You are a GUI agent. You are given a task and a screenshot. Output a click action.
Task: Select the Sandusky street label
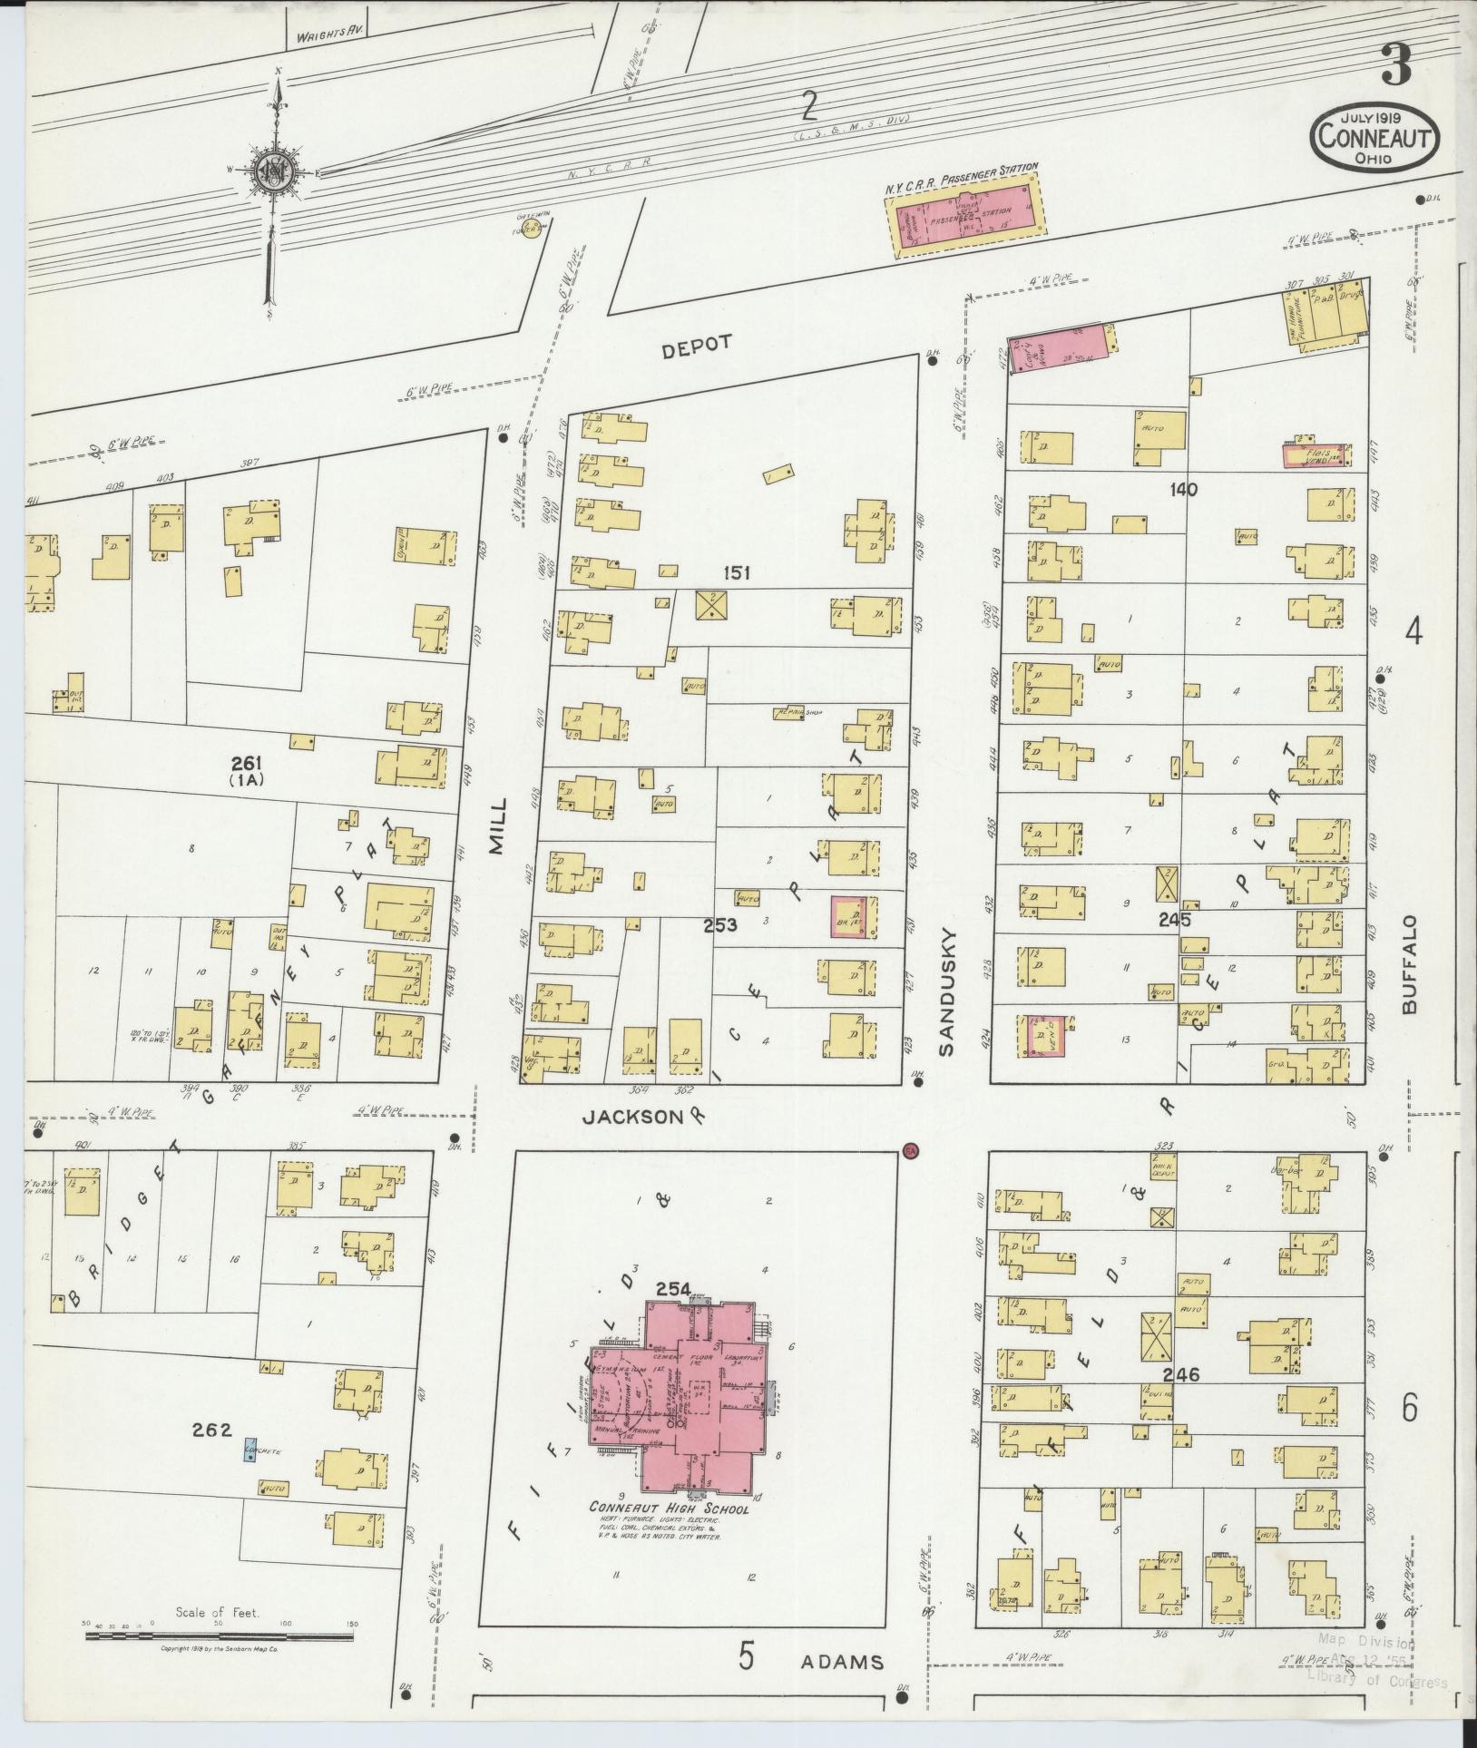click(x=947, y=991)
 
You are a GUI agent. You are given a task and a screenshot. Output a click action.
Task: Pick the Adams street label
click(x=842, y=1662)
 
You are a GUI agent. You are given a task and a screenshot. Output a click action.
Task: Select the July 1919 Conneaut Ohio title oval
click(x=1374, y=140)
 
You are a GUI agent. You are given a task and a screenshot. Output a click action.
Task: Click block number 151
click(x=736, y=572)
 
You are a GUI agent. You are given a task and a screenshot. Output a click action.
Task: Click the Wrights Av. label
click(x=324, y=37)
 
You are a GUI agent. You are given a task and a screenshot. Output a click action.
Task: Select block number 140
click(x=1183, y=489)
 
